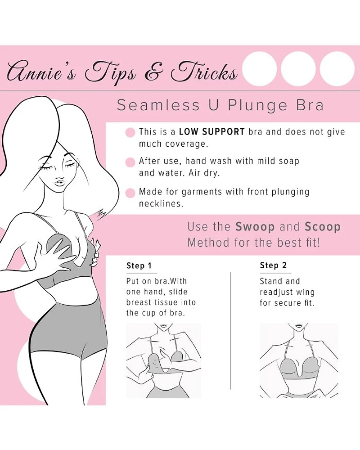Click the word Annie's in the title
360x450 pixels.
[x=42, y=71]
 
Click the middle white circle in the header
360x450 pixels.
[x=298, y=68]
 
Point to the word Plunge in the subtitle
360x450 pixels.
[x=257, y=105]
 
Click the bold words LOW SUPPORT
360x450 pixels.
[x=211, y=132]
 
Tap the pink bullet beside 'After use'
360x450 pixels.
[x=130, y=162]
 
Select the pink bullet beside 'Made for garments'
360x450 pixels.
[x=130, y=193]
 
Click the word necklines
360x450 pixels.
[x=161, y=203]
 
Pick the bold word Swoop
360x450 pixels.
[x=255, y=227]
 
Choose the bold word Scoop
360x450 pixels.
[x=323, y=227]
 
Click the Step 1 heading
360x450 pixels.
[x=139, y=265]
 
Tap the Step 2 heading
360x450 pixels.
[x=273, y=265]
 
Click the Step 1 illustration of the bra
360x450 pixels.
[x=164, y=360]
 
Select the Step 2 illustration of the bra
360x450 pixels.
[x=299, y=360]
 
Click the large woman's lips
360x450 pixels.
[x=60, y=181]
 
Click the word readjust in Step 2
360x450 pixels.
[x=273, y=292]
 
